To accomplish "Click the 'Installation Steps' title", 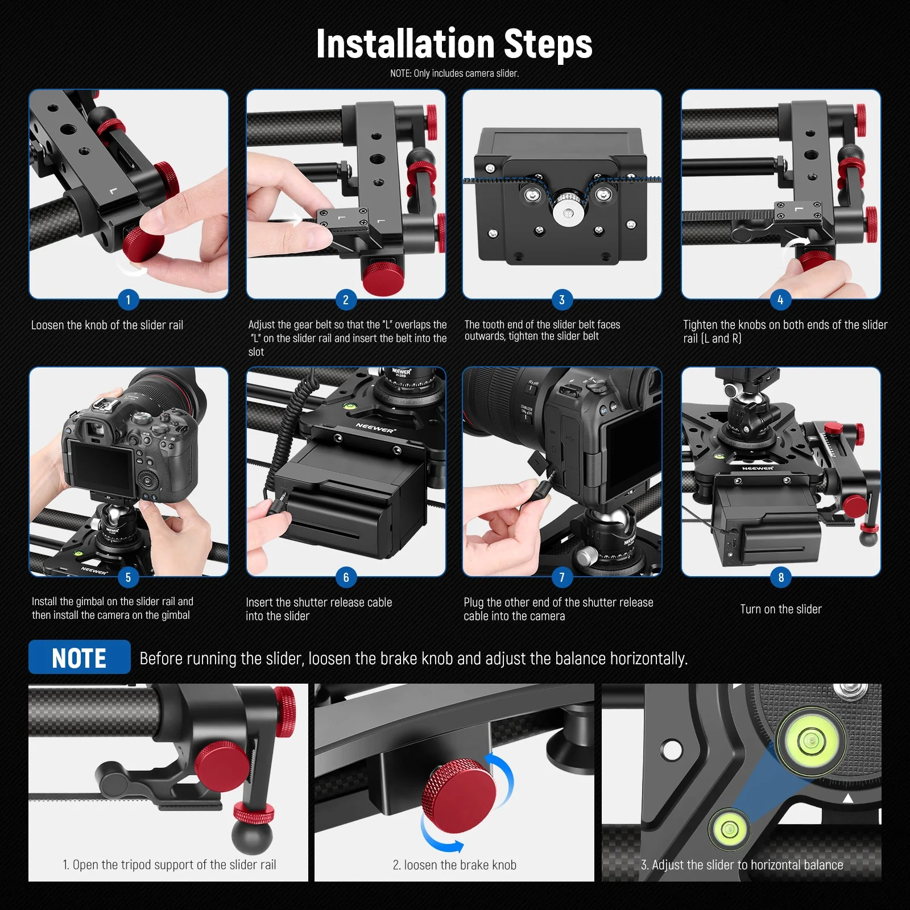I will point(454,44).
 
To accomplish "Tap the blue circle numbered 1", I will point(128,300).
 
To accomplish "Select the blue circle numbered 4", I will point(780,300).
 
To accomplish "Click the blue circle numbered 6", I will point(346,577).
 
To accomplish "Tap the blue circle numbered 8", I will point(780,577).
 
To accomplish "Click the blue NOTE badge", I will point(80,657).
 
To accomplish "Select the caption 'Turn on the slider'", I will point(780,609).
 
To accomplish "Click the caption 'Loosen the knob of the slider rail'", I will point(107,325).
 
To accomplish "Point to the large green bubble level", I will point(810,740).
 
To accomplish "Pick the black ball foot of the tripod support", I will point(252,836).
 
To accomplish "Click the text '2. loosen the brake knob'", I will point(454,865).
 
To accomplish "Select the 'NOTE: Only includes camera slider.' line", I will point(454,73).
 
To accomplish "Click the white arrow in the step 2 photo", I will point(294,219).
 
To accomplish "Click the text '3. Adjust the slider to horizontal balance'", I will point(742,865).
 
